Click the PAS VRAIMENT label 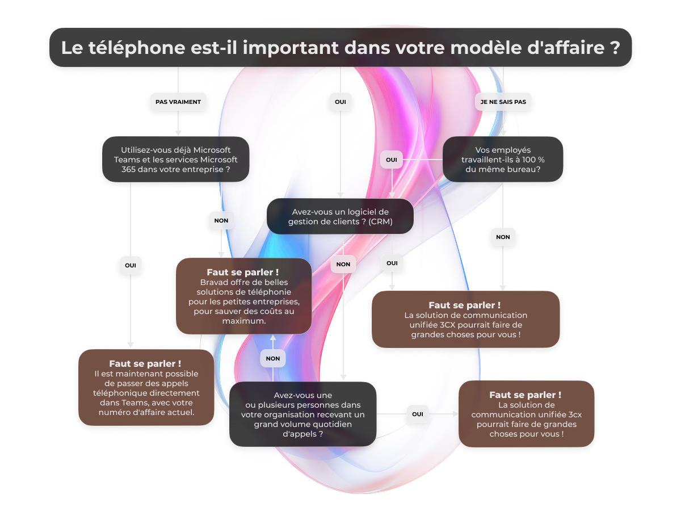[x=178, y=102]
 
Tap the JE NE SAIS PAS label [x=503, y=102]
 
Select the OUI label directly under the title [x=340, y=102]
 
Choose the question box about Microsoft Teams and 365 [x=175, y=159]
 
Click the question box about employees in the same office [x=503, y=159]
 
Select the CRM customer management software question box [x=340, y=216]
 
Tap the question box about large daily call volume [x=302, y=414]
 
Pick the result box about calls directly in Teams [x=146, y=388]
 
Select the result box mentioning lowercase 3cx [x=527, y=414]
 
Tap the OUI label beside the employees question [x=392, y=160]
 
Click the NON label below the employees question [x=503, y=237]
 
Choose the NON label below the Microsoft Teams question [x=221, y=220]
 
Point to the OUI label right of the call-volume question [x=417, y=414]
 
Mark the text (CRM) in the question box [x=380, y=221]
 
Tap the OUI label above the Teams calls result [x=131, y=265]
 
